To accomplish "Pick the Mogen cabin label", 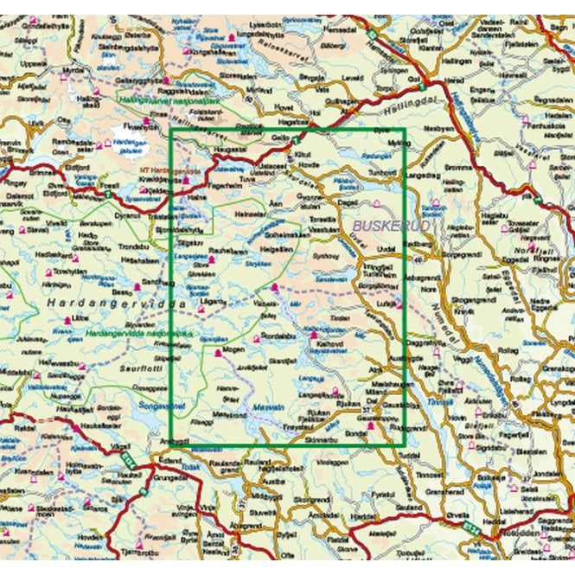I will tap(231, 349).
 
